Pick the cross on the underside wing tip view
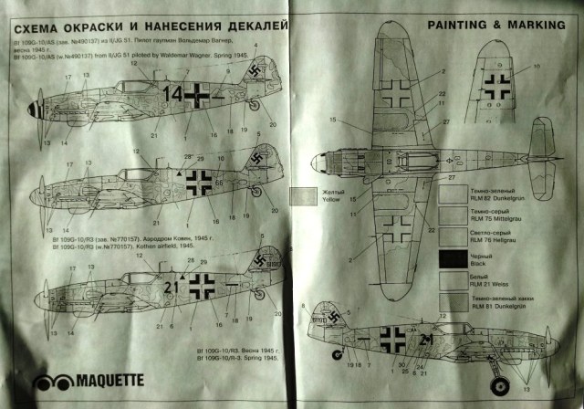pyautogui.click(x=498, y=88)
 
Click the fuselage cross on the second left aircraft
pyautogui.click(x=199, y=183)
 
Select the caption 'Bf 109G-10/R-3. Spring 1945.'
pyautogui.click(x=240, y=358)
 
